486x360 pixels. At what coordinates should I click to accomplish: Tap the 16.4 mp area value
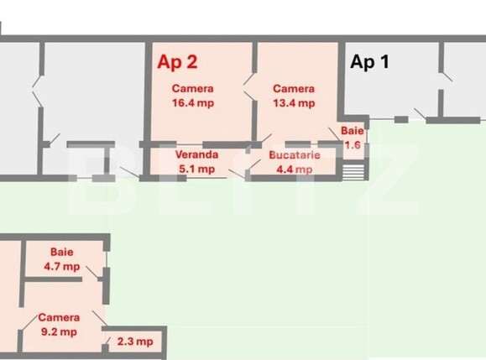(x=193, y=103)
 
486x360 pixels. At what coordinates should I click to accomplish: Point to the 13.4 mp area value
(x=293, y=103)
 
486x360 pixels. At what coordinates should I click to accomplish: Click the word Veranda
(x=196, y=155)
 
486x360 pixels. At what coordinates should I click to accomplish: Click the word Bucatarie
(x=291, y=155)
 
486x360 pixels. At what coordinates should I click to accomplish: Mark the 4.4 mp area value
(x=291, y=169)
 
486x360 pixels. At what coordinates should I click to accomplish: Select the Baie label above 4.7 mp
(x=62, y=251)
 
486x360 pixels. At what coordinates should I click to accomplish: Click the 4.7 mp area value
(x=62, y=266)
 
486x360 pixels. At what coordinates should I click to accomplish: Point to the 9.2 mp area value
(x=59, y=331)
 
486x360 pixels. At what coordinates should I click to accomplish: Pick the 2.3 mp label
(x=135, y=342)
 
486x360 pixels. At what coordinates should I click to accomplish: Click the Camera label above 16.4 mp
(x=193, y=89)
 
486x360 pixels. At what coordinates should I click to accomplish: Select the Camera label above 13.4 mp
(x=293, y=89)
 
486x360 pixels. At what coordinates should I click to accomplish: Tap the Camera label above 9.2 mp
(x=59, y=317)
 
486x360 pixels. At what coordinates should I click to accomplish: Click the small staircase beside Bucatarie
(x=354, y=171)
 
